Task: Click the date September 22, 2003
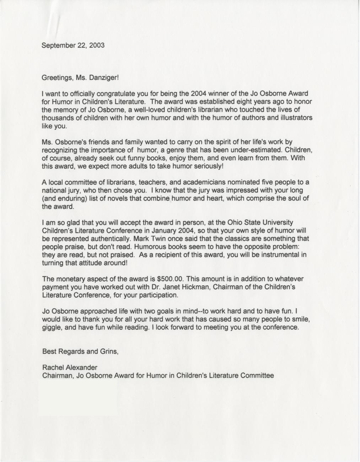(73, 45)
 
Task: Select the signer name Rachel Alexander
(69, 367)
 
